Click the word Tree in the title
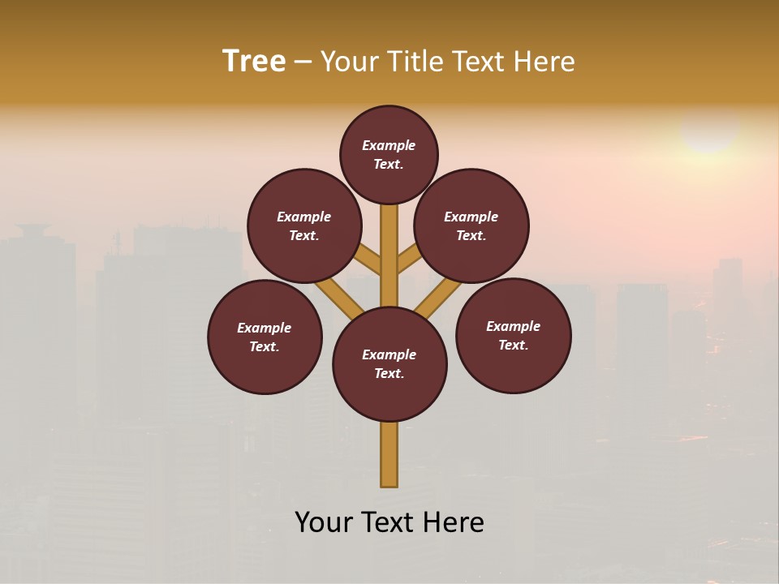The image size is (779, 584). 254,62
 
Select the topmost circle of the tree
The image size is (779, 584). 389,154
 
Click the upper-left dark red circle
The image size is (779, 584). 303,225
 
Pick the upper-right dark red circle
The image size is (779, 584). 471,225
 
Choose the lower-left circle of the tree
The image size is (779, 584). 265,337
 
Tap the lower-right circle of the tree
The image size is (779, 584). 514,335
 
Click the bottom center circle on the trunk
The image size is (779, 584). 389,364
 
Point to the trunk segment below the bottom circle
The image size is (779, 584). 389,454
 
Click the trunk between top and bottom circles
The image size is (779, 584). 389,255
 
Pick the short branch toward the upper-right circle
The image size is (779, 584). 409,259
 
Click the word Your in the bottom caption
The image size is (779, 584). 325,522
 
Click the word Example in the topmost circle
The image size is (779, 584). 389,145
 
